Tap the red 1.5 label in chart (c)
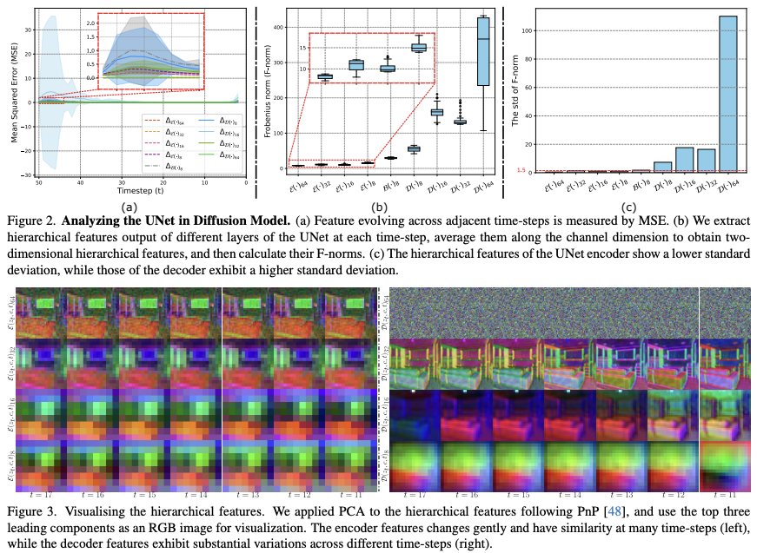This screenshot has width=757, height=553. pos(520,170)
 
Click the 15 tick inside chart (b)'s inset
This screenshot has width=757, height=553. pos(302,49)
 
